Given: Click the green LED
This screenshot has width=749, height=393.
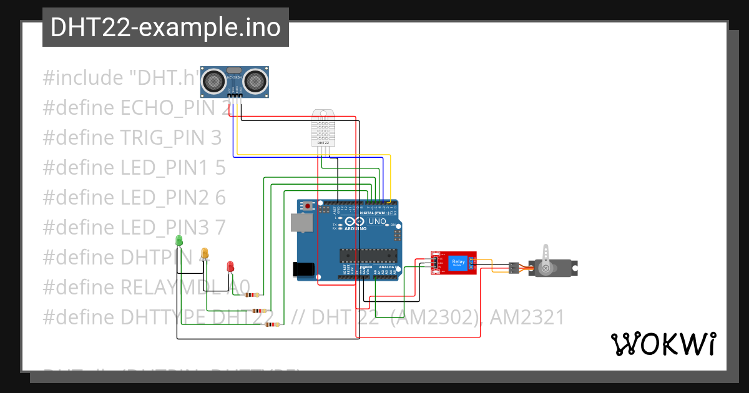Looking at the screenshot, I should pyautogui.click(x=179, y=240).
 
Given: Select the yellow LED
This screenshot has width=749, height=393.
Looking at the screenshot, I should pyautogui.click(x=204, y=253).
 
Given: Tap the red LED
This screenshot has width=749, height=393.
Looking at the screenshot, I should pyautogui.click(x=230, y=266).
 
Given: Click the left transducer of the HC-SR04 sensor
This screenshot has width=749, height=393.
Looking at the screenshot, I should pyautogui.click(x=214, y=80).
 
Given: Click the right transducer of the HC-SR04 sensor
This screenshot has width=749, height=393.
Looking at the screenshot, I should pyautogui.click(x=255, y=80).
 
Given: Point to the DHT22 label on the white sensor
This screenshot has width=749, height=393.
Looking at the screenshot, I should pyautogui.click(x=323, y=143).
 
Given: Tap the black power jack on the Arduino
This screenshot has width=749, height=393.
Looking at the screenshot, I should pyautogui.click(x=304, y=269).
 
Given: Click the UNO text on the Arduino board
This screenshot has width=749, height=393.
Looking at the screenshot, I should pyautogui.click(x=377, y=221).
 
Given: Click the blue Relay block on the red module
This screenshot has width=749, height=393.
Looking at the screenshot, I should pyautogui.click(x=458, y=262).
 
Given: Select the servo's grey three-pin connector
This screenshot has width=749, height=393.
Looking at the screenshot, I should pyautogui.click(x=513, y=268).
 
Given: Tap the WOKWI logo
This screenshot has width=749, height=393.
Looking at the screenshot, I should pyautogui.click(x=663, y=344).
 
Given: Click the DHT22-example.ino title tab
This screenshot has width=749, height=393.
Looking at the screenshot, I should pyautogui.click(x=165, y=27).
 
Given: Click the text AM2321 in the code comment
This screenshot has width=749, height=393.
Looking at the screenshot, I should pyautogui.click(x=527, y=318).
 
